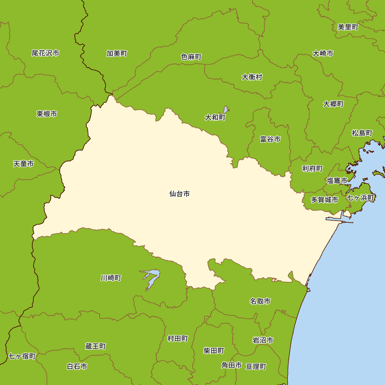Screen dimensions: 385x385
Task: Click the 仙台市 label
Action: point(179,194)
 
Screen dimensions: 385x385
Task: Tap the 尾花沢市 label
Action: point(45,53)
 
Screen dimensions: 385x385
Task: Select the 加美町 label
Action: point(117,54)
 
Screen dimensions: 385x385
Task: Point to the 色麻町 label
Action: point(191,57)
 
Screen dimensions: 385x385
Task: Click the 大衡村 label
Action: point(252,77)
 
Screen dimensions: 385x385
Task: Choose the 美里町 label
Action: point(348,27)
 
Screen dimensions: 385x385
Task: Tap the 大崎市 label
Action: point(323,54)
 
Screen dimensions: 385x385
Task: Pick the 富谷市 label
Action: point(270,139)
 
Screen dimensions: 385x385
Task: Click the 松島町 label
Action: point(362,133)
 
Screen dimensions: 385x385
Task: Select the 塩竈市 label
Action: point(337,180)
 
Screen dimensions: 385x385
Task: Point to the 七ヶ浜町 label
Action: point(360,198)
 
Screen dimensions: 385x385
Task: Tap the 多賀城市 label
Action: point(324,200)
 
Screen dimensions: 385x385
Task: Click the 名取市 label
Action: point(260,301)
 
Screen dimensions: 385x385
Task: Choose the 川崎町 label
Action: point(111,278)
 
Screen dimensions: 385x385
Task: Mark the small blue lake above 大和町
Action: point(225,110)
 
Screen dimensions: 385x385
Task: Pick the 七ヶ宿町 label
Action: point(22,356)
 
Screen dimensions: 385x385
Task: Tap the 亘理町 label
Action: point(256,367)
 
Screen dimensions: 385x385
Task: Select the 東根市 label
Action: point(47,114)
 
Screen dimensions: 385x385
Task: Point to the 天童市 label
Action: point(23,164)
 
